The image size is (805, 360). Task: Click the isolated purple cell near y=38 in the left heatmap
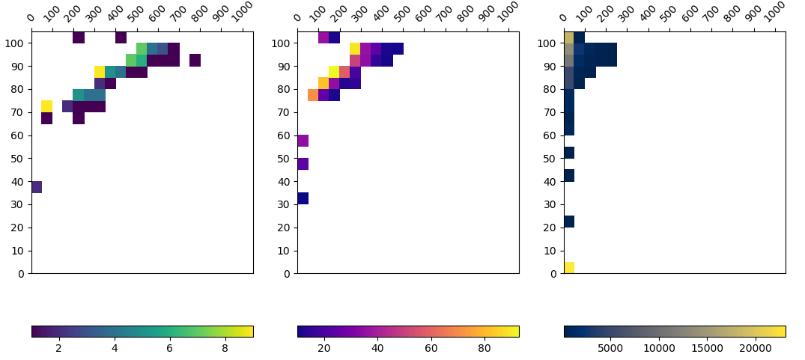37,187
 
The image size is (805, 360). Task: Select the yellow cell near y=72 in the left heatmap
47,106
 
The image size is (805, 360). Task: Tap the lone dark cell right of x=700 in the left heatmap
195,60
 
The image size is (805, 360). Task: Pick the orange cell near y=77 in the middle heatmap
313,95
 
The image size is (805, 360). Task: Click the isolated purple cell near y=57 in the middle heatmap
303,141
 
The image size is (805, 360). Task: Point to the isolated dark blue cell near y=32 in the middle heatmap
303,198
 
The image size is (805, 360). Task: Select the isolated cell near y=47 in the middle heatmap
303,164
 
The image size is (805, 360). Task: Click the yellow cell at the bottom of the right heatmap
569,267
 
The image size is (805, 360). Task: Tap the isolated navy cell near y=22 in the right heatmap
569,222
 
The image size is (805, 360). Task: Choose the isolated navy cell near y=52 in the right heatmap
569,153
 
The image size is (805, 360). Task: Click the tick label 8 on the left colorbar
225,348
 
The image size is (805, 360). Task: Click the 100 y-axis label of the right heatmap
549,43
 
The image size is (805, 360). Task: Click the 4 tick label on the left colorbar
115,348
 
